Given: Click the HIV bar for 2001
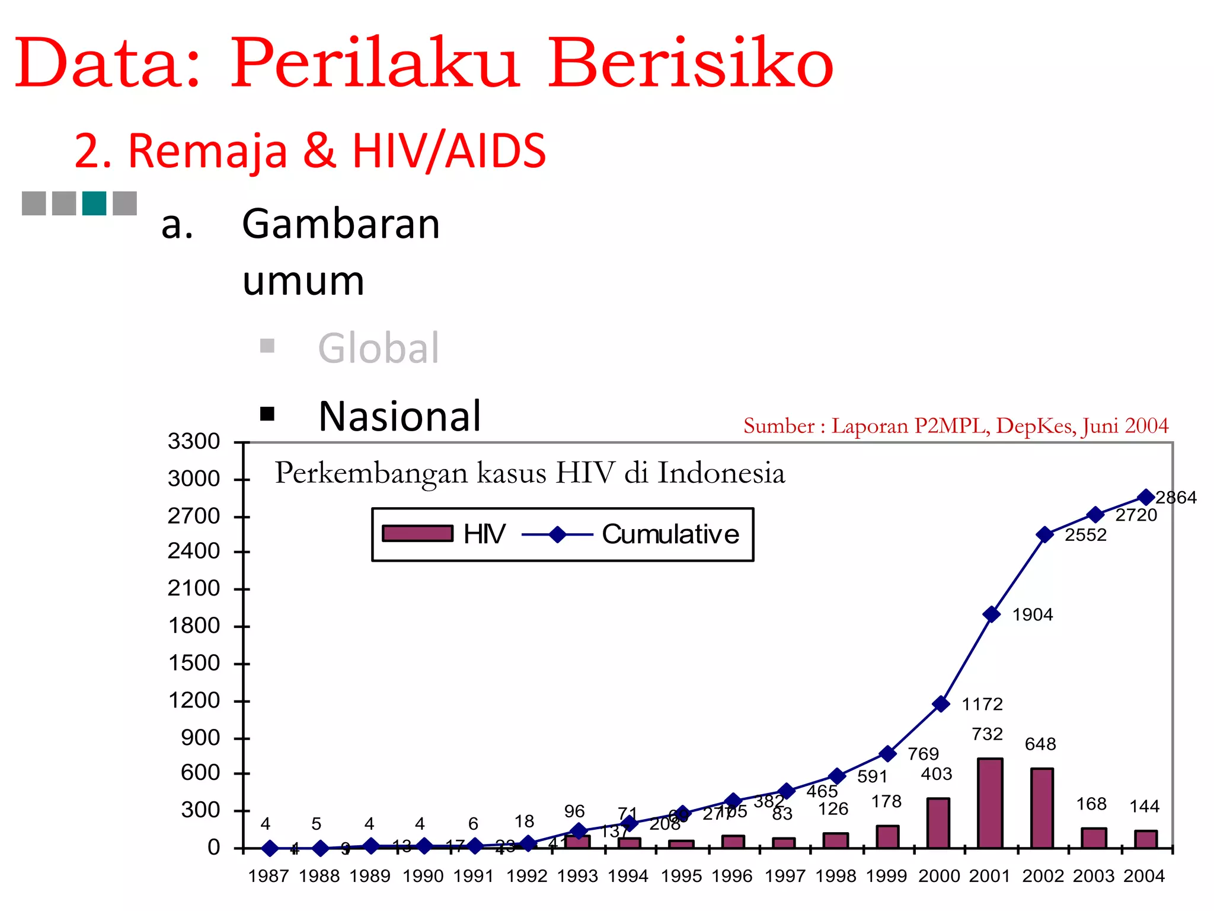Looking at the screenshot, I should coord(990,803).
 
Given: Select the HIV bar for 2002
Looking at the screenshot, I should coord(1042,808).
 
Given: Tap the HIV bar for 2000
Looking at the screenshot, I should coord(938,823).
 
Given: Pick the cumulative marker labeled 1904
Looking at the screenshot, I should coord(991,614).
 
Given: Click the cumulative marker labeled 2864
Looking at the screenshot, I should coord(1146,497).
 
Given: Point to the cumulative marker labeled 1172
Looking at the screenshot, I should coord(941,704).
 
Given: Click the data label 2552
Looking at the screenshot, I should coord(1085,535).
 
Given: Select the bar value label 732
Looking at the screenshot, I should coord(987,734).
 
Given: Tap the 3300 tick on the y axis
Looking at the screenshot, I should coord(194,442).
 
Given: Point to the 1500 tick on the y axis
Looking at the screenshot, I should coord(194,663).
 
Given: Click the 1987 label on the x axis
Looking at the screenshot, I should coord(269,876).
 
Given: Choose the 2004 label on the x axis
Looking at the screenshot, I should coord(1144,876).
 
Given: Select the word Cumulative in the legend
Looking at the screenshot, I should coord(670,534).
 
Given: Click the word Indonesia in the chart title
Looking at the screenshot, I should coord(721,473).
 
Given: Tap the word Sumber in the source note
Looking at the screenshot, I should coord(779,426).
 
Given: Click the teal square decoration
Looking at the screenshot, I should coord(94,203).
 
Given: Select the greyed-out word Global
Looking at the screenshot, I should coord(379,348).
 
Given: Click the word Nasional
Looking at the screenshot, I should coord(400,416).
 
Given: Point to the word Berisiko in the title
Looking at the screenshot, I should coord(691,63).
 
